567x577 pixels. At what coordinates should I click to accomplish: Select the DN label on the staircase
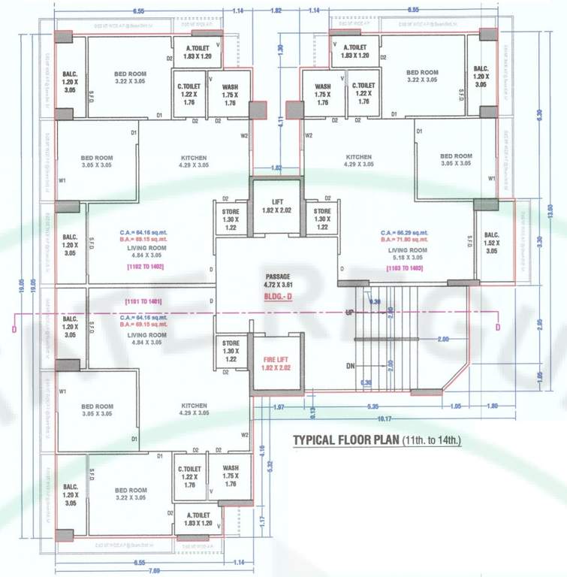coord(349,366)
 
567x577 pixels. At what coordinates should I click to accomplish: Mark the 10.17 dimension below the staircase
coord(385,418)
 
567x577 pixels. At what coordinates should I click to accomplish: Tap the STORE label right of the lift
coord(322,219)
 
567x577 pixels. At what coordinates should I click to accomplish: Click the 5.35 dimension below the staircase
coord(372,406)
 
